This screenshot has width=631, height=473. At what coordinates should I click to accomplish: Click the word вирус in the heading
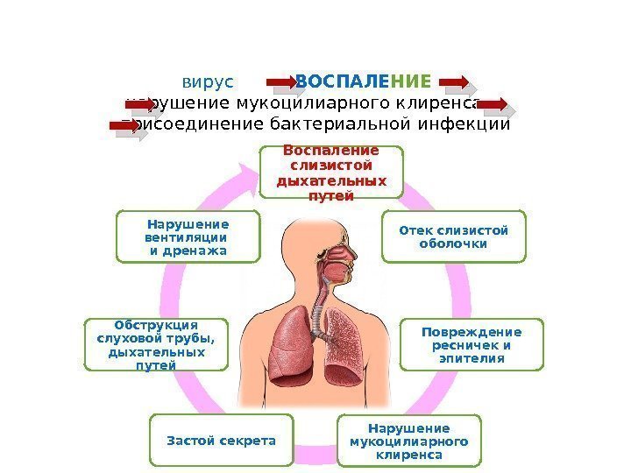(209, 82)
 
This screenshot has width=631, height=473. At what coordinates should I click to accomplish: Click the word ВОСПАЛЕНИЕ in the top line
(363, 82)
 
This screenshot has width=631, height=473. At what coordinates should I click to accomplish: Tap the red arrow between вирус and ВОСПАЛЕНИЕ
(284, 84)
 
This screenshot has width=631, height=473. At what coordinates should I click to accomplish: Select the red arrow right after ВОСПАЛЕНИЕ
(456, 84)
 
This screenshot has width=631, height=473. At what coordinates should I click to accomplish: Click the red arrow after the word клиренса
(495, 106)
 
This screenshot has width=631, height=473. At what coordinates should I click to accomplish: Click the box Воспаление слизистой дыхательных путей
(331, 173)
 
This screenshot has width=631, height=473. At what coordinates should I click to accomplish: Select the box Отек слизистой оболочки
(453, 236)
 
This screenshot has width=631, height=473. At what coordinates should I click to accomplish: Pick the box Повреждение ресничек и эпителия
(471, 345)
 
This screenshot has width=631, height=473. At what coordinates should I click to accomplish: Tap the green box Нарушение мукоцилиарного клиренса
(408, 442)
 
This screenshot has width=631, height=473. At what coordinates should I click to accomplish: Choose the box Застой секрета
(221, 440)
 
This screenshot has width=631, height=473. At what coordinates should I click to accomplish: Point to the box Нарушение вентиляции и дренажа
(188, 236)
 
